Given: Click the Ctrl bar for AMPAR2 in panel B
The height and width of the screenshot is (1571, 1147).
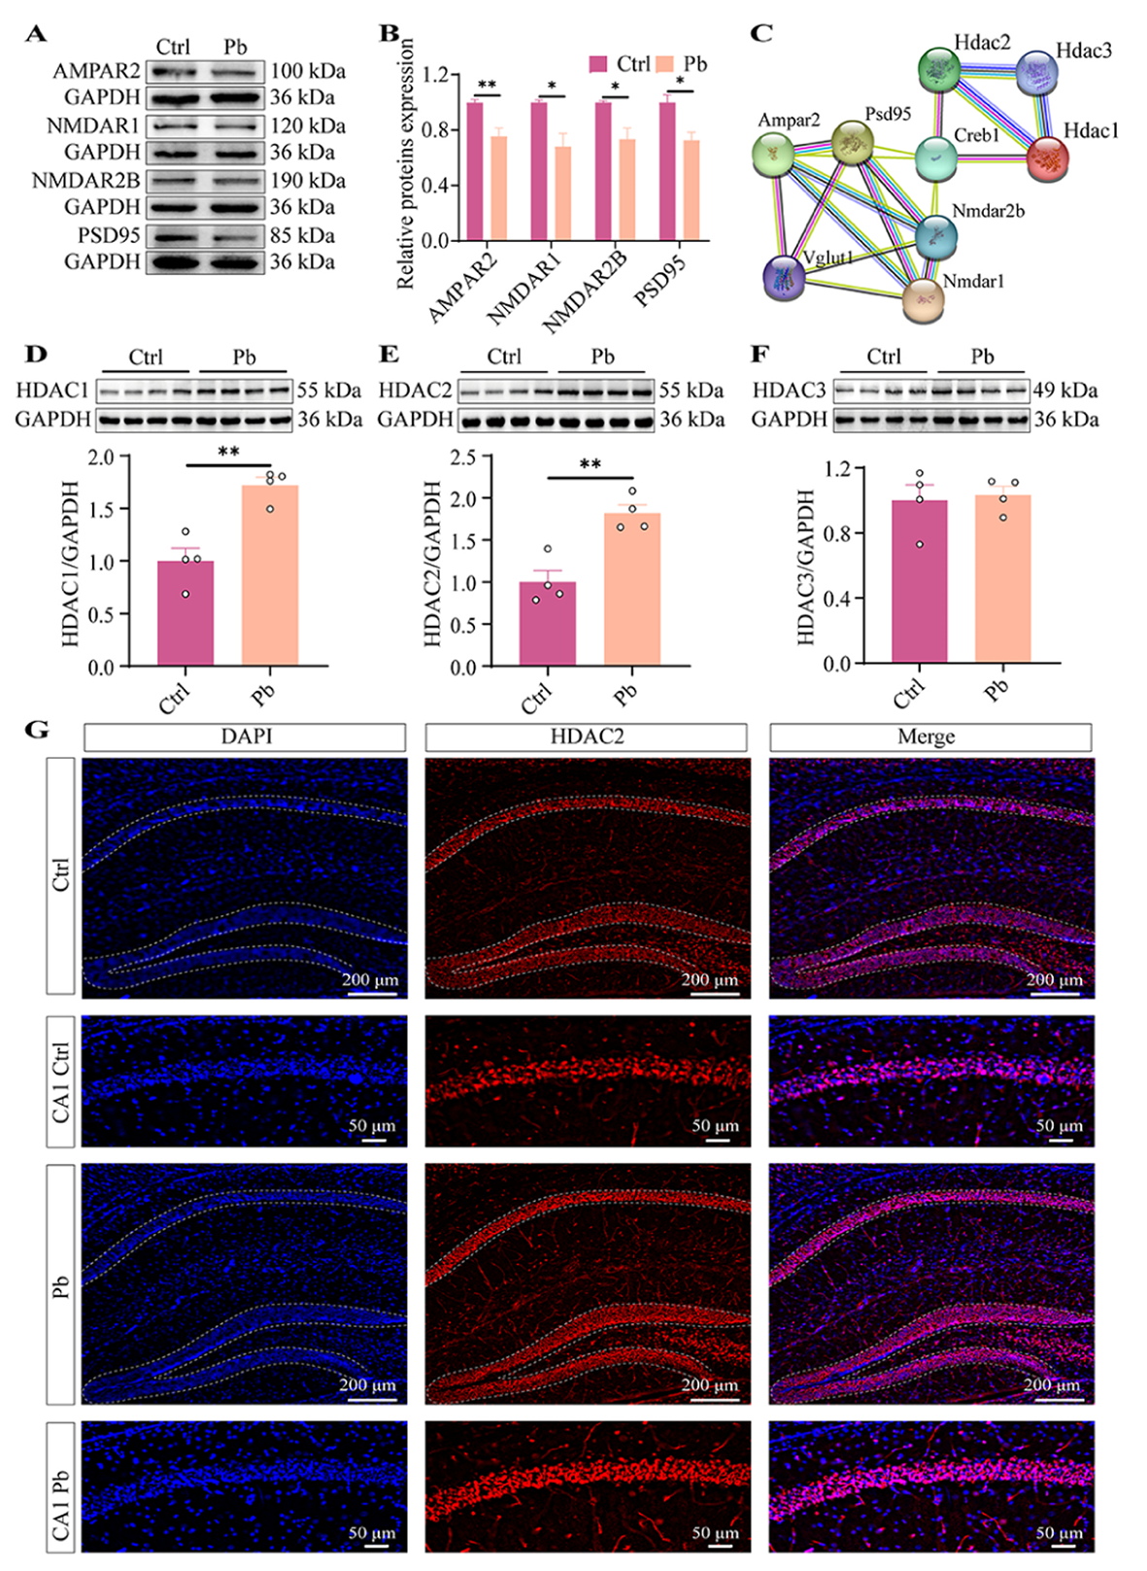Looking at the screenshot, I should coord(475,171).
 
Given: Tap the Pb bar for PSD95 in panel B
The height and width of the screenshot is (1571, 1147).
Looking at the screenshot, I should coord(691,190).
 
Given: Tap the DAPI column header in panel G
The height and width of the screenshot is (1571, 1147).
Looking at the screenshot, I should coord(245,736).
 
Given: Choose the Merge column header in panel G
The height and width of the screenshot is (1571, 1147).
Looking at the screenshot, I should coord(929,736).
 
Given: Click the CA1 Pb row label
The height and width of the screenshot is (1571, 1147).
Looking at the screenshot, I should coord(60,1486).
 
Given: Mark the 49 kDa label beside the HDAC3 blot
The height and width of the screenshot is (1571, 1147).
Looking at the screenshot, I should coord(1066,391).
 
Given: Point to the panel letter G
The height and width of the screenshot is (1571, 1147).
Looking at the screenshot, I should coord(37,729).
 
